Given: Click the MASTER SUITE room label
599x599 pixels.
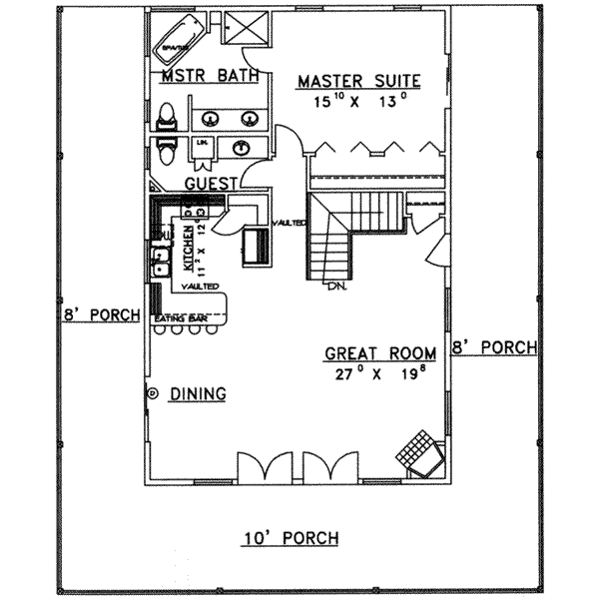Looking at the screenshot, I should pos(358,81).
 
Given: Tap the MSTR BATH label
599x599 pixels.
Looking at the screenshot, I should pos(210,76).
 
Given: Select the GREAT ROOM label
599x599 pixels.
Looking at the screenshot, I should pos(380,353).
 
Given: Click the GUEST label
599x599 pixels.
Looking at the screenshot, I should pos(211,184).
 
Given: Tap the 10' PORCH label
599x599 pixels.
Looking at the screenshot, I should pos(291,539).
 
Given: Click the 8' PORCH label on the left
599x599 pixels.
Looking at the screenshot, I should pos(97,314).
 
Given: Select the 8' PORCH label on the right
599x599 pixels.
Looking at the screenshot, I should pos(494,348).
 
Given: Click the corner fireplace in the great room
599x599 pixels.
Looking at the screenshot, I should pos(418,451).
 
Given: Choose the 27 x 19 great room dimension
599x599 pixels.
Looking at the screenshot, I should pos(380,374).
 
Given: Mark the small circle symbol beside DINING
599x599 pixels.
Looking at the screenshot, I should pos(153,393).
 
